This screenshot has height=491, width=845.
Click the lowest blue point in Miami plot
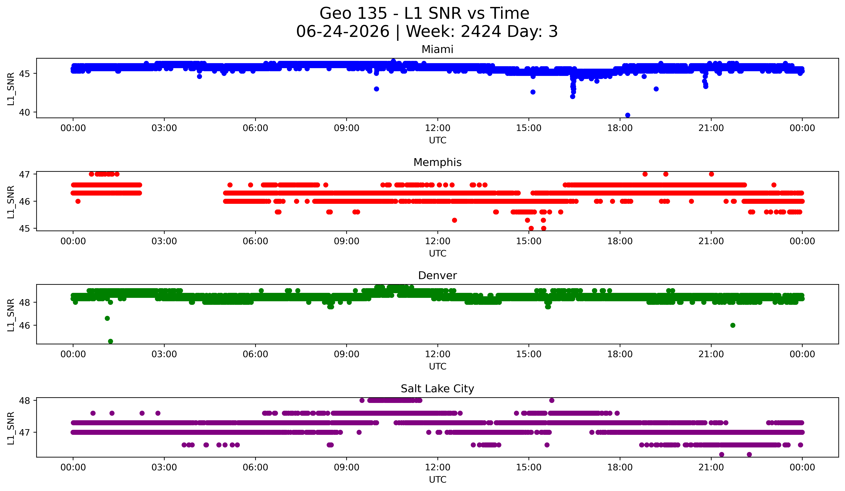628,115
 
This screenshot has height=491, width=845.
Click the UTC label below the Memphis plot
438,253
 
